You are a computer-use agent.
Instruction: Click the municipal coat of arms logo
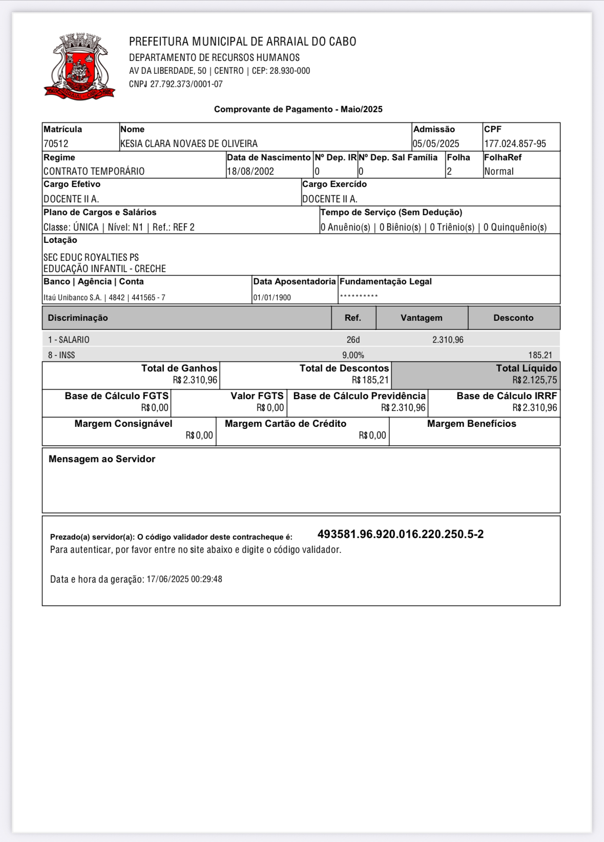click(x=79, y=67)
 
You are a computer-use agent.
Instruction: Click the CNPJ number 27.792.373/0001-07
click(x=186, y=84)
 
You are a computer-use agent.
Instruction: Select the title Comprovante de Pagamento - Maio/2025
click(x=298, y=109)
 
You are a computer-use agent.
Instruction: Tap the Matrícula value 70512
click(x=56, y=144)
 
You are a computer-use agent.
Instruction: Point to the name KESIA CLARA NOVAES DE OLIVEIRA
click(x=189, y=144)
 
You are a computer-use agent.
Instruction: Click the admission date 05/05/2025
click(x=436, y=144)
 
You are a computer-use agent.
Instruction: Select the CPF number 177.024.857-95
click(x=515, y=144)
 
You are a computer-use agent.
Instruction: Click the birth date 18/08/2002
click(x=251, y=172)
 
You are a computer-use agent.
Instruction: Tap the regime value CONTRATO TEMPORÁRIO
click(x=94, y=172)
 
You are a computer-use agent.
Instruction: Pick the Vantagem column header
click(x=422, y=318)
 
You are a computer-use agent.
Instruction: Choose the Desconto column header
click(x=513, y=318)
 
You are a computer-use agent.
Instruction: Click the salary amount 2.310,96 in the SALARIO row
click(x=448, y=340)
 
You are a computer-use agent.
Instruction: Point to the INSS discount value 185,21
click(x=540, y=355)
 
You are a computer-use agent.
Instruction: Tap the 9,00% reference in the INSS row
click(x=353, y=355)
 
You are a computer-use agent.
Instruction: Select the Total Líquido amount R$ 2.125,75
click(x=534, y=380)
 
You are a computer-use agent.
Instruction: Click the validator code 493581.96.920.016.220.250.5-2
click(x=401, y=535)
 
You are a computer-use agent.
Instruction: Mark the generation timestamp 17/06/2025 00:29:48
click(x=184, y=579)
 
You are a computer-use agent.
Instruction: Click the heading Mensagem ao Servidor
click(x=102, y=459)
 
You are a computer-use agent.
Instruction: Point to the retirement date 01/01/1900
click(x=272, y=298)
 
